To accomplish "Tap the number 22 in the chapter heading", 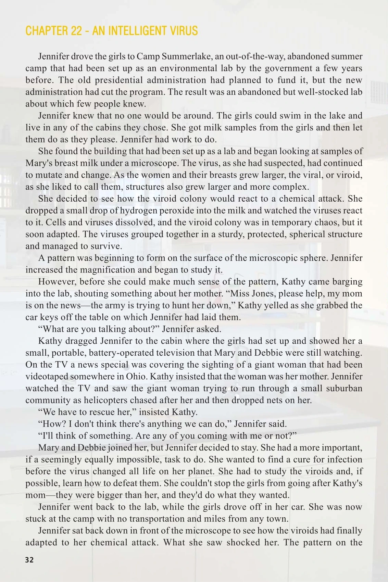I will pos(76,31).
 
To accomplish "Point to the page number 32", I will pos(29,560).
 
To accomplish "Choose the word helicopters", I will pos(159,400).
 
